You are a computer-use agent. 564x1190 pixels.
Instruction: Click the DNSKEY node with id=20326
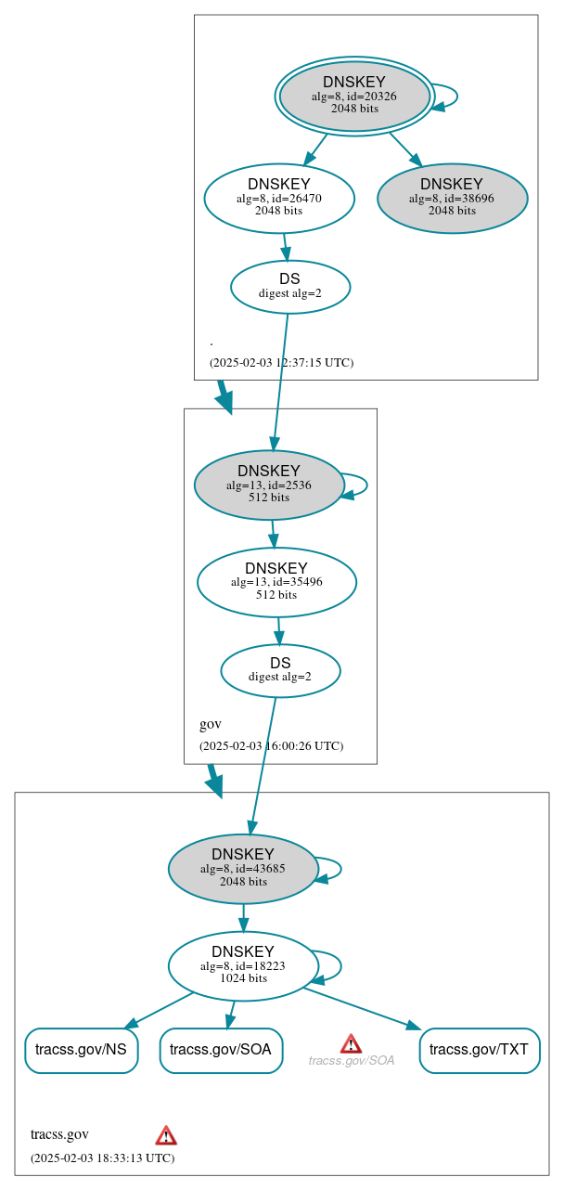[354, 97]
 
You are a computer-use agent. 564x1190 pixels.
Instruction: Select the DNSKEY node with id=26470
[279, 198]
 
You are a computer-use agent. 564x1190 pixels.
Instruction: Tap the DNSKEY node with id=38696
[452, 198]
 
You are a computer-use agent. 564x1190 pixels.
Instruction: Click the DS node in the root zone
[289, 286]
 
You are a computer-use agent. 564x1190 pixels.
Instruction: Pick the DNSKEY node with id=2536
[269, 485]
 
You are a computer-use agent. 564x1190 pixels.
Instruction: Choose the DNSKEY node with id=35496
[276, 582]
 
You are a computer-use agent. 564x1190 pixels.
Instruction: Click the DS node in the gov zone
[280, 670]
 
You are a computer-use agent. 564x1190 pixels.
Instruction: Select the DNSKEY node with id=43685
[243, 869]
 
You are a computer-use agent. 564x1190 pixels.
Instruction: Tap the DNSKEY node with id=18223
[243, 965]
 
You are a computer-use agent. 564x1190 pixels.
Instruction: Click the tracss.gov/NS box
[82, 1050]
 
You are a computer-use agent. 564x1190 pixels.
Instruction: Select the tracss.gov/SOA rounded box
[221, 1050]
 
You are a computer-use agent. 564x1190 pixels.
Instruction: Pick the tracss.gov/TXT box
[480, 1050]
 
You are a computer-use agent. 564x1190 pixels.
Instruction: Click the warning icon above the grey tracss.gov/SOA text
[351, 1043]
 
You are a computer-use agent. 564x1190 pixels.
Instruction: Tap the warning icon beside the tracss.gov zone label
[166, 1134]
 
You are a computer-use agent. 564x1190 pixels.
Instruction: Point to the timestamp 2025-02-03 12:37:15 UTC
[281, 362]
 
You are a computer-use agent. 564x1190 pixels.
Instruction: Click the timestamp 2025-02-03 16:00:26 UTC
[271, 745]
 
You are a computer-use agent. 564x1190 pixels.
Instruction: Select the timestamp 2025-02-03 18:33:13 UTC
[102, 1158]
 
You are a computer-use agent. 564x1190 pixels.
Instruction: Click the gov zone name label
[211, 724]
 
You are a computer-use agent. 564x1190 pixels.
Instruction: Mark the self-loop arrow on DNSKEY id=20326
[455, 97]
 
